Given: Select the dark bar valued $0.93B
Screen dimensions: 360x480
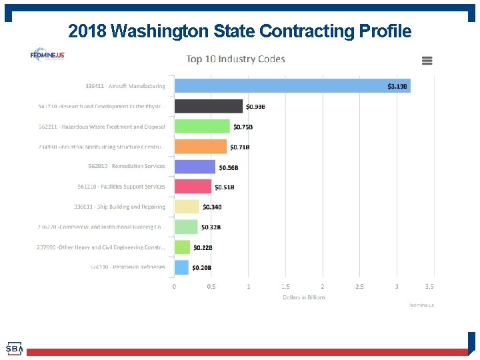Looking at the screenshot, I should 208,106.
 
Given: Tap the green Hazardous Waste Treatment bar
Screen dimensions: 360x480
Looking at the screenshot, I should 202,127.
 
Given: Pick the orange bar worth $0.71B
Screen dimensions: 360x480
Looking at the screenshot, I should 201,147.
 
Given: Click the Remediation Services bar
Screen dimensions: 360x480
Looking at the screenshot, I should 195,167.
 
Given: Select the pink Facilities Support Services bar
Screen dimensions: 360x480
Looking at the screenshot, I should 193,187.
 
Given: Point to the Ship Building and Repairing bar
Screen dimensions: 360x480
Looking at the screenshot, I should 187,207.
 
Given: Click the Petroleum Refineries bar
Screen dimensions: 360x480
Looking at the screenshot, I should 181,267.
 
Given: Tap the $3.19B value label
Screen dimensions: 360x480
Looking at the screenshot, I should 398,86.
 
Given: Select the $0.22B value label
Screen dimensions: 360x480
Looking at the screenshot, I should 203,247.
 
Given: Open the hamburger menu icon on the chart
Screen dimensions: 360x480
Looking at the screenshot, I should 427,61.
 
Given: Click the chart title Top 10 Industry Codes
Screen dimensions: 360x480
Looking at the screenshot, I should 235,59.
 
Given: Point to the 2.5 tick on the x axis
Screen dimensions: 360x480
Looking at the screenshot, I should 359,287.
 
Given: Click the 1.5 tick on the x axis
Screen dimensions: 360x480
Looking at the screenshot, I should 285,287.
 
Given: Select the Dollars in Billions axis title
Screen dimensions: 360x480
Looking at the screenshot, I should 304,297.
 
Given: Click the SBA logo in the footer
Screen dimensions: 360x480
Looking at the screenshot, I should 15,349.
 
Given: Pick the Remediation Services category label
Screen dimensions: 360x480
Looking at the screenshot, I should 127,167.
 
